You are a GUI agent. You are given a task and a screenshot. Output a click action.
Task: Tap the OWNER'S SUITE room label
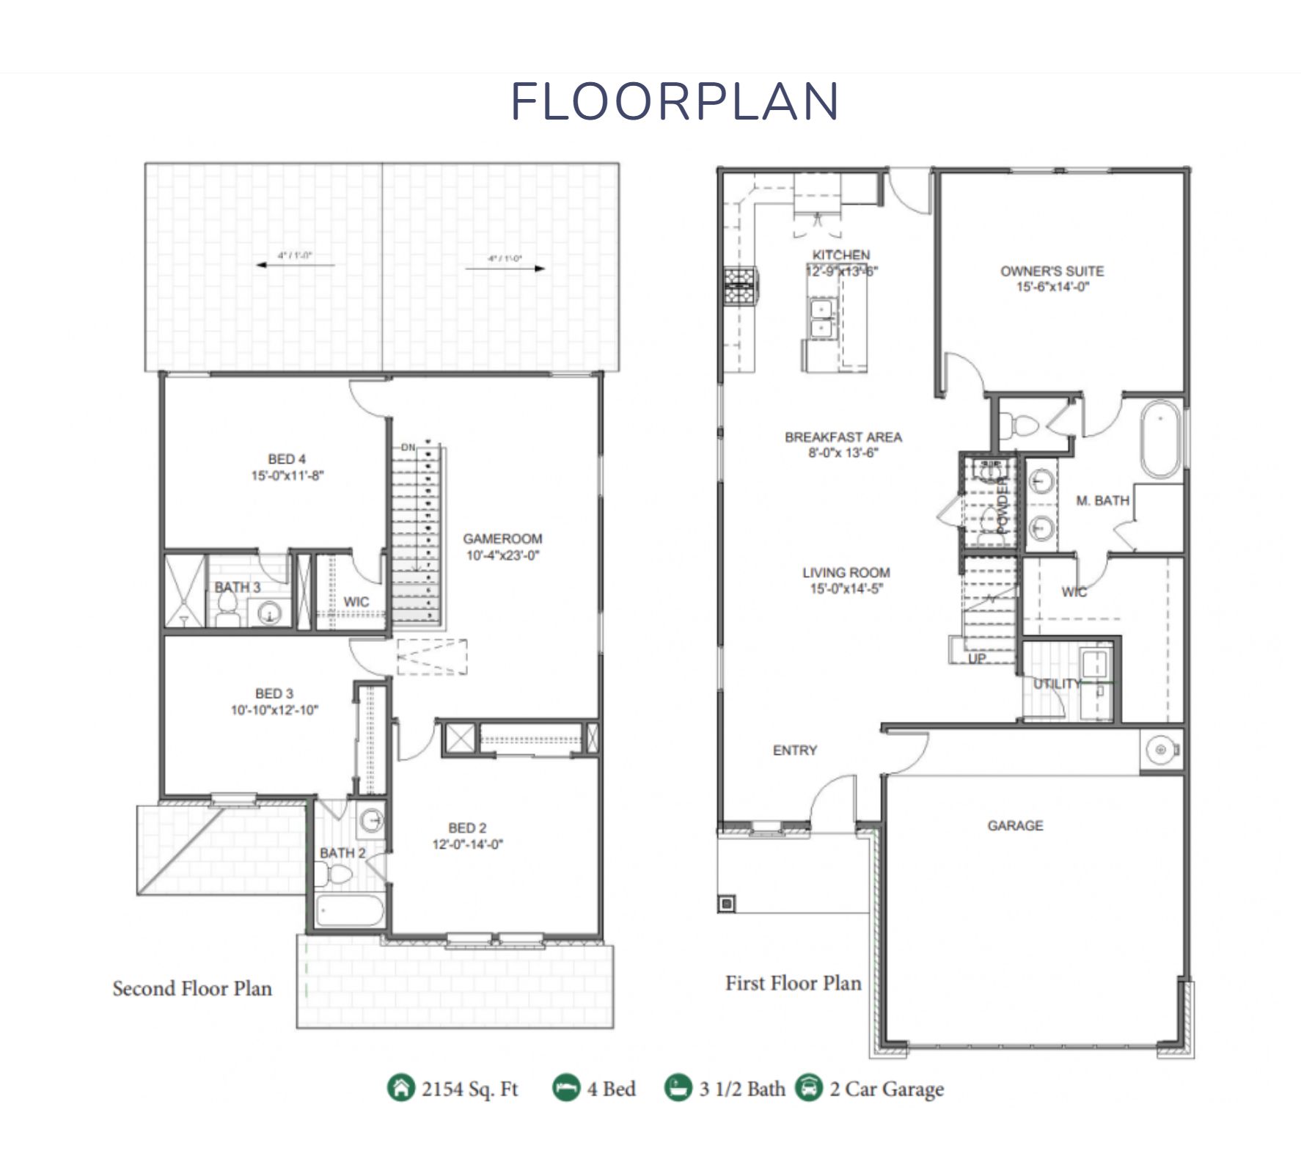pyautogui.click(x=1052, y=271)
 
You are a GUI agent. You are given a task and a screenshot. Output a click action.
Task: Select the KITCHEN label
pyautogui.click(x=841, y=255)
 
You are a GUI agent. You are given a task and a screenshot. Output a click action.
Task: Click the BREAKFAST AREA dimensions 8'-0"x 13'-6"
pyautogui.click(x=843, y=453)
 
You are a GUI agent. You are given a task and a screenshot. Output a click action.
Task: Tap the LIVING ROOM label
pyautogui.click(x=846, y=572)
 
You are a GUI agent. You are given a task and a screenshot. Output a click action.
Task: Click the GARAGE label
pyautogui.click(x=1015, y=825)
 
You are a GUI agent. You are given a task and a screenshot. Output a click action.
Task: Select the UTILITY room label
pyautogui.click(x=1057, y=684)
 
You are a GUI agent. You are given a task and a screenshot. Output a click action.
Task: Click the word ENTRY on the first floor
pyautogui.click(x=794, y=750)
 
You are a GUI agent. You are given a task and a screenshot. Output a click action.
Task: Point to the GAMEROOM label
pyautogui.click(x=502, y=539)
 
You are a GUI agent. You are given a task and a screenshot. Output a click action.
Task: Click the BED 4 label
pyautogui.click(x=287, y=459)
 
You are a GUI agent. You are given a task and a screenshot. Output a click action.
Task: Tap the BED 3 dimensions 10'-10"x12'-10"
pyautogui.click(x=274, y=710)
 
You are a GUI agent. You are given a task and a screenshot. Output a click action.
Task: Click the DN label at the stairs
pyautogui.click(x=408, y=447)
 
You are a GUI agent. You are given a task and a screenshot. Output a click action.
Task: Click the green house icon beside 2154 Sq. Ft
pyautogui.click(x=400, y=1088)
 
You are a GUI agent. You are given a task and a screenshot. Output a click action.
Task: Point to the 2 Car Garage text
pyautogui.click(x=887, y=1089)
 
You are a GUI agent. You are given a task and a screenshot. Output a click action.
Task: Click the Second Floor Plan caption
pyautogui.click(x=192, y=988)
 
